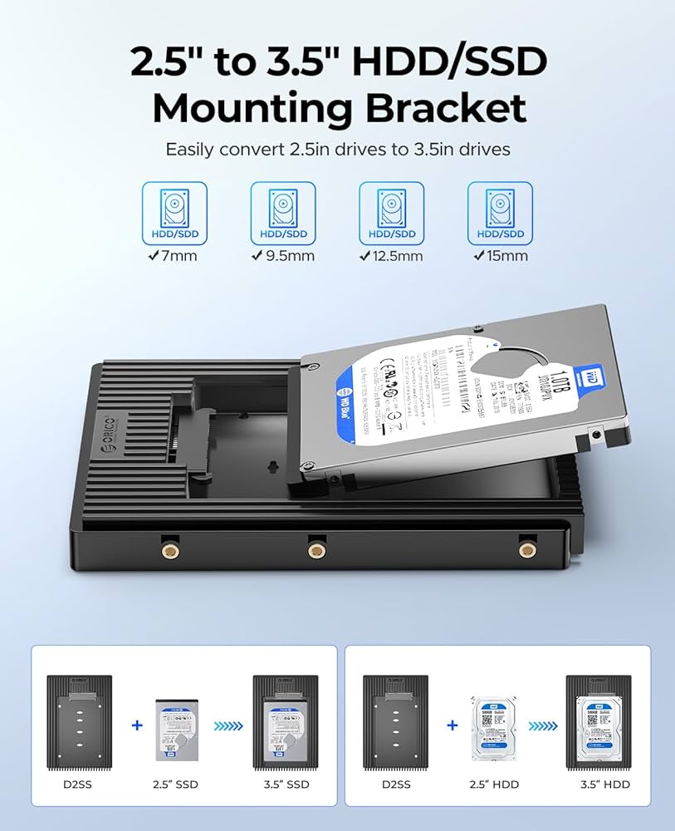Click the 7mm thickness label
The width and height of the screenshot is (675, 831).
(174, 255)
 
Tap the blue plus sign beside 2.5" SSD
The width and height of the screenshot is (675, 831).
(138, 725)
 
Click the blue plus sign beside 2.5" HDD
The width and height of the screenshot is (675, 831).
(452, 725)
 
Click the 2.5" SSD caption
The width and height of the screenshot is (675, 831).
(175, 784)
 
